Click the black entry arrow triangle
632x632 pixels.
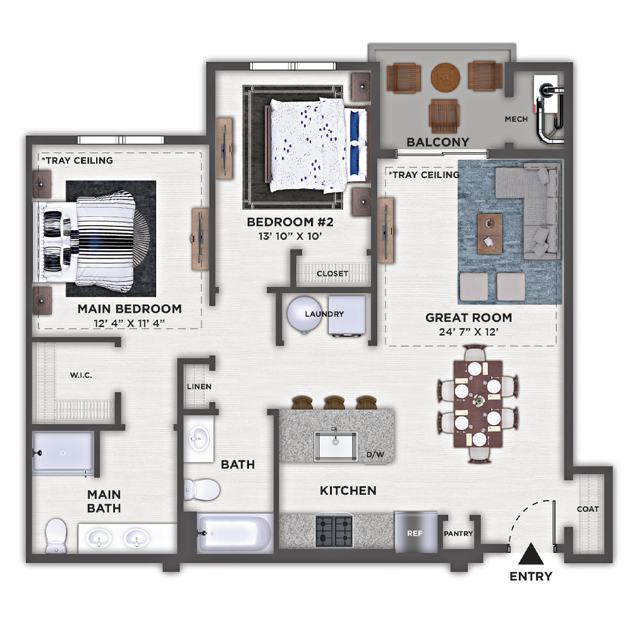tap(531, 554)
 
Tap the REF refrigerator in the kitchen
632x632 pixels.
tap(416, 532)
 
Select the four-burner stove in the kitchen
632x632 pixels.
tap(334, 531)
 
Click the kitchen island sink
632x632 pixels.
tap(336, 446)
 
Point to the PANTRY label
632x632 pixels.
tap(458, 533)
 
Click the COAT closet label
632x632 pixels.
tap(588, 509)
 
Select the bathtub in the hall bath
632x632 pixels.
tap(235, 533)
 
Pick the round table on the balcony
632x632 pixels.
tap(446, 77)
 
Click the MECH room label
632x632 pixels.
tap(516, 119)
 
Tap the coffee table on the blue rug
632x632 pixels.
tap(490, 234)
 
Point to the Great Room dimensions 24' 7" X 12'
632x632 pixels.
tap(469, 332)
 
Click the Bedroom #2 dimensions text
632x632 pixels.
tap(290, 236)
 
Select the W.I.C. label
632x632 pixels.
tap(81, 375)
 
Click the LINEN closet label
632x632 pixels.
tap(199, 387)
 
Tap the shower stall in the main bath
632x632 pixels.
tap(63, 453)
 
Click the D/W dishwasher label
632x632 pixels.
tap(375, 454)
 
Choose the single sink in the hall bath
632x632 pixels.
tap(198, 439)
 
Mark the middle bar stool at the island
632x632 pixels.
tap(334, 403)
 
